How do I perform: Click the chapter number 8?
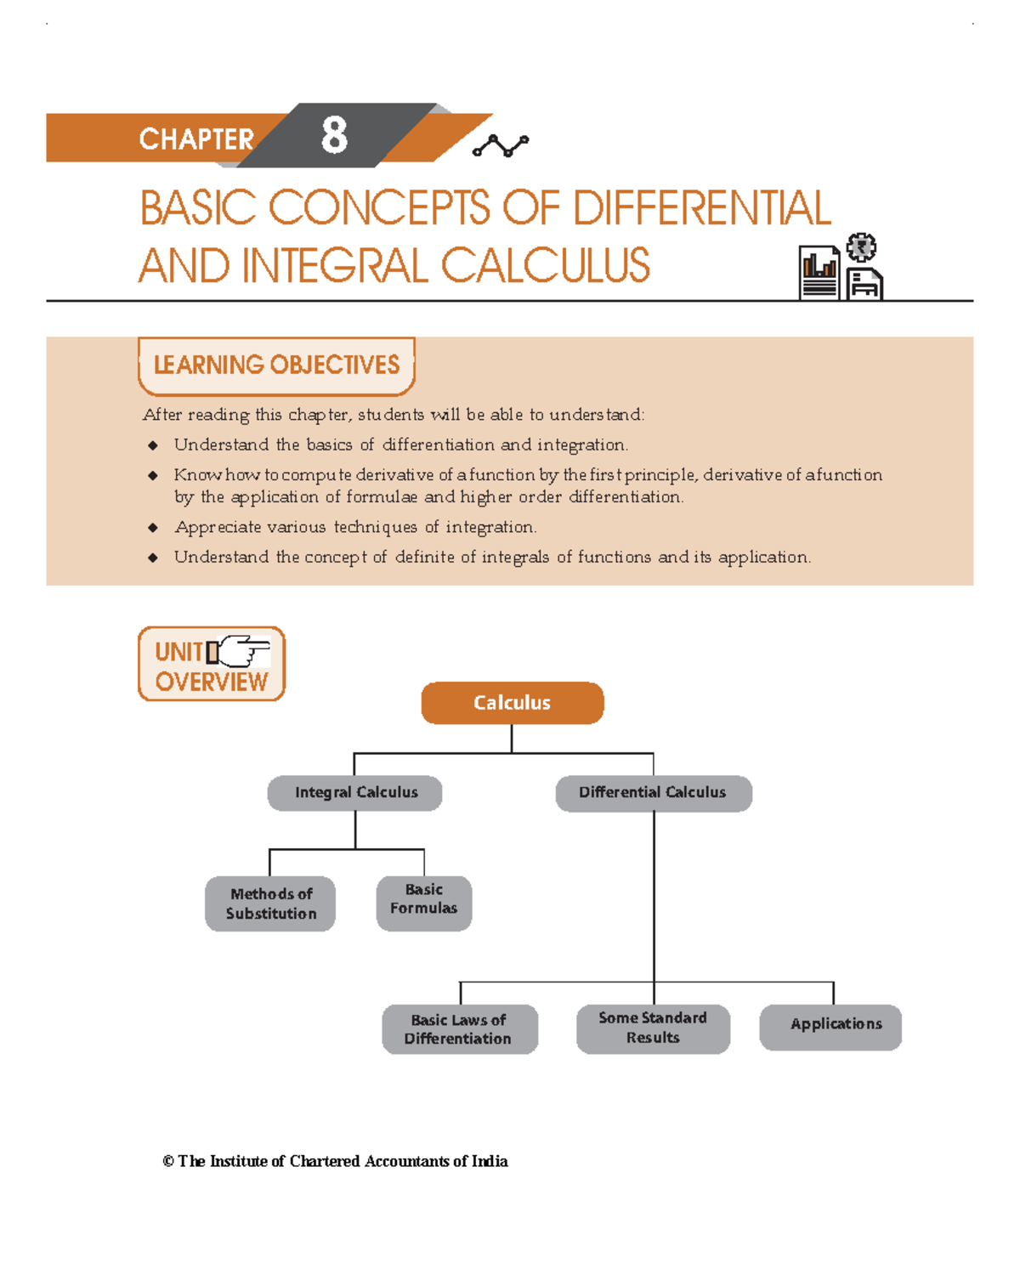coord(334,135)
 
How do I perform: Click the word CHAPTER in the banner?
coord(196,139)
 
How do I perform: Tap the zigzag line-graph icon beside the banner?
coord(501,146)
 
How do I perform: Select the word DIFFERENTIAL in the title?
coord(701,208)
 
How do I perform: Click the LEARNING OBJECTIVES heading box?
coord(276,365)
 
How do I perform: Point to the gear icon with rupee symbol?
coord(862,247)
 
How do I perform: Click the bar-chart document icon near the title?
coord(819,272)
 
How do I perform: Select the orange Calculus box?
coord(513,703)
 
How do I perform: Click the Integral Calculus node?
coord(355,793)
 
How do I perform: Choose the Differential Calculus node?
coord(653,793)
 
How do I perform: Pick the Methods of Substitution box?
coord(270,903)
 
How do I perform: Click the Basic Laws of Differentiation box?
coord(459,1029)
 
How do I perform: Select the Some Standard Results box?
coord(653,1028)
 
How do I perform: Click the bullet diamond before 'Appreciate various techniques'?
coord(153,528)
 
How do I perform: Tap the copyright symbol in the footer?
coord(168,1162)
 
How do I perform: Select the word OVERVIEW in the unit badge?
coord(211,682)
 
